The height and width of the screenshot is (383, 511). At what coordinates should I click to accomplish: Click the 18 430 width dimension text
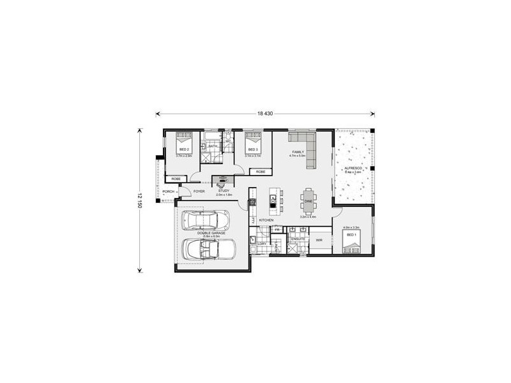[264, 114]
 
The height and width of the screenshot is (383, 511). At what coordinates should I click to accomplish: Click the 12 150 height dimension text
[139, 199]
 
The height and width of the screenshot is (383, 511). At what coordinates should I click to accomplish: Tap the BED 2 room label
[184, 149]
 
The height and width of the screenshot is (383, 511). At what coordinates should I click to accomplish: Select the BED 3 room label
[252, 149]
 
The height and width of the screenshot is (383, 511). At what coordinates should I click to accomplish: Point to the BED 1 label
[351, 234]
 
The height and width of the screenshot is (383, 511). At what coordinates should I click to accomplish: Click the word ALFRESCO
[354, 167]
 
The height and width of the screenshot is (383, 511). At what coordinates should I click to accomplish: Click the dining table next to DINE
[309, 200]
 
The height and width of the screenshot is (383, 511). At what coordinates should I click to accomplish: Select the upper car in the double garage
[206, 220]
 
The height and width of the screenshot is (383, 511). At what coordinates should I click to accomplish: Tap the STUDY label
[223, 190]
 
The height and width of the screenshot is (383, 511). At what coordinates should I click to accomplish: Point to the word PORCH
[169, 191]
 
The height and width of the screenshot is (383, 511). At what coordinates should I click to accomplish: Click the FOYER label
[199, 191]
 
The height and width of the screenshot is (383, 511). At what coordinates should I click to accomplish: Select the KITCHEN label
[266, 220]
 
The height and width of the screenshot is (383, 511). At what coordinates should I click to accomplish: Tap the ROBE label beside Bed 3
[261, 172]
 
